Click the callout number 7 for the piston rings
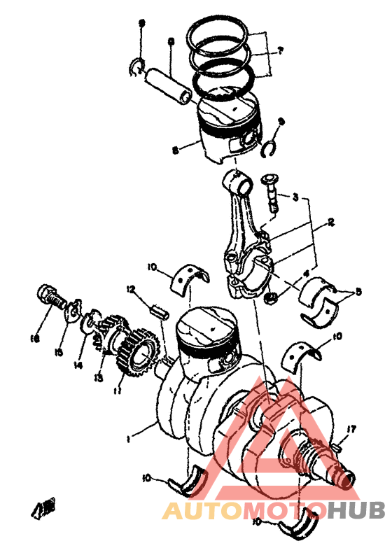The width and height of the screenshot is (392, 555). pyautogui.click(x=280, y=50)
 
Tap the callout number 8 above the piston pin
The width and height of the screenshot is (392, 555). pyautogui.click(x=171, y=42)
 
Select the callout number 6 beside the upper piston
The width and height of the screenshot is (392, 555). pyautogui.click(x=174, y=149)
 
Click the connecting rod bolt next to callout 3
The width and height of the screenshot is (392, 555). pyautogui.click(x=272, y=192)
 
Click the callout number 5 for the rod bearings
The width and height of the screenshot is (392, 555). pyautogui.click(x=358, y=291)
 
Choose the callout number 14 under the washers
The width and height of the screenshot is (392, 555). pyautogui.click(x=77, y=365)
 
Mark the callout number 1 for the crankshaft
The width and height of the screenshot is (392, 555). pyautogui.click(x=127, y=440)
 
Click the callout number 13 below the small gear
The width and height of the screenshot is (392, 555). pyautogui.click(x=99, y=379)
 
